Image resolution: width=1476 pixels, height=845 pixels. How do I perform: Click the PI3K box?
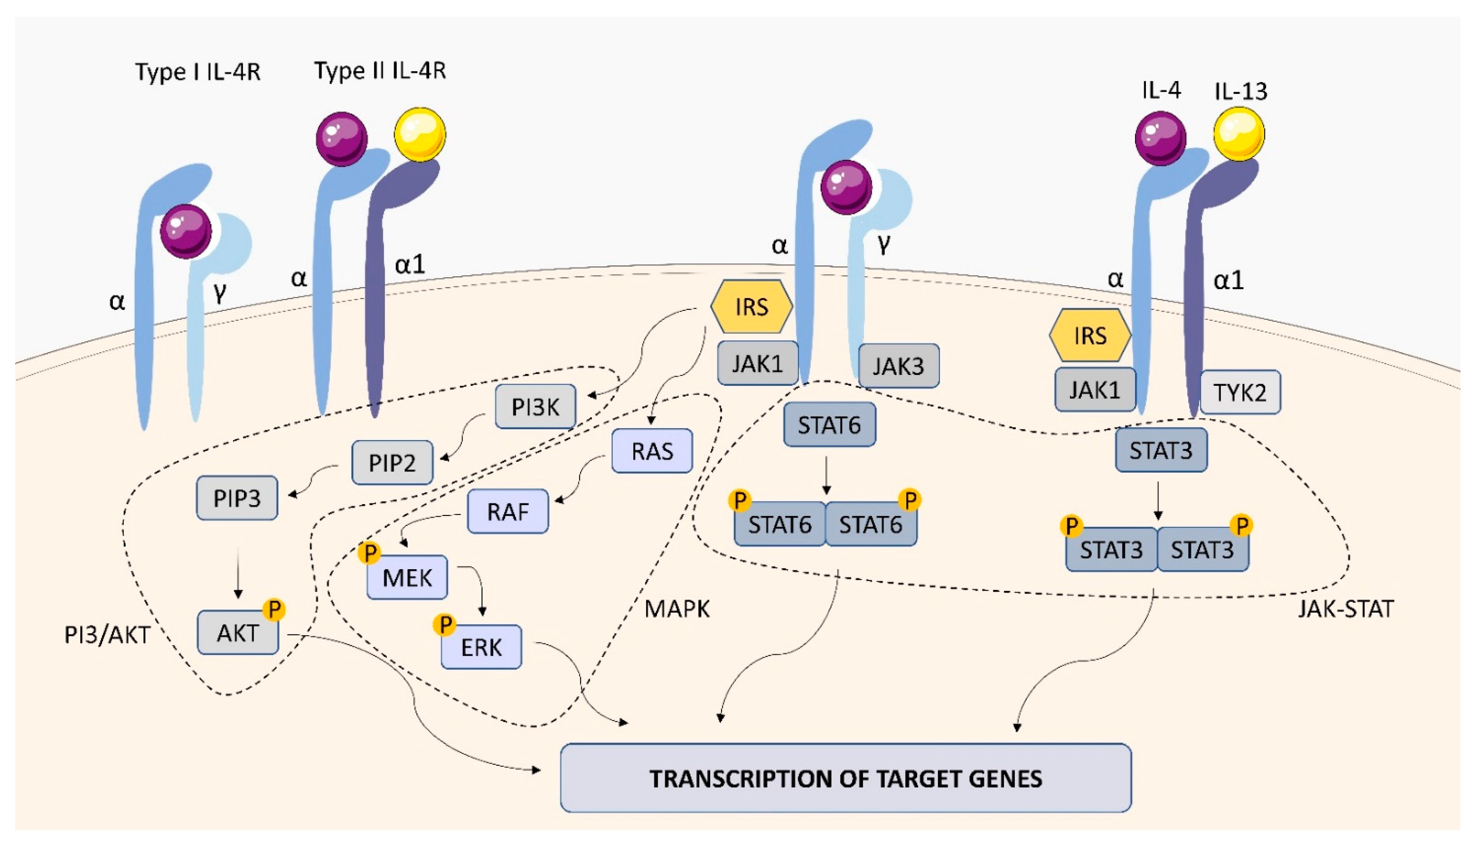(535, 407)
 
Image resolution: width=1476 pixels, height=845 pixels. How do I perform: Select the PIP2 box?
(392, 462)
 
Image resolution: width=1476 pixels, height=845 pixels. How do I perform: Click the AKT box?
(237, 633)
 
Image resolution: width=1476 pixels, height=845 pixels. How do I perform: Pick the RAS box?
(652, 451)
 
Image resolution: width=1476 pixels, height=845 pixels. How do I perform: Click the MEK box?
(407, 578)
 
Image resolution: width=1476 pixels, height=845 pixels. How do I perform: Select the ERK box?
(481, 647)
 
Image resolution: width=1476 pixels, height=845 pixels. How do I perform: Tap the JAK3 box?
(898, 366)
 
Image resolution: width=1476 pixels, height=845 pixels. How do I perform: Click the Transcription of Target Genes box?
(845, 778)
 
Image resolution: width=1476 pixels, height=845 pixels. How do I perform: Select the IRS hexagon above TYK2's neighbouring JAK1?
(1090, 335)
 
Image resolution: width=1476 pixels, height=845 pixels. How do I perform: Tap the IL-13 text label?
(1240, 91)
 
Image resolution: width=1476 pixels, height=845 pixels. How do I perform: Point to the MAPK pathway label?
(677, 609)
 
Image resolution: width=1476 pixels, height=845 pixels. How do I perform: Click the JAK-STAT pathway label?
(1345, 609)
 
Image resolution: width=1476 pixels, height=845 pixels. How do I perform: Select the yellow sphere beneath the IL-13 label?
(1239, 134)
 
